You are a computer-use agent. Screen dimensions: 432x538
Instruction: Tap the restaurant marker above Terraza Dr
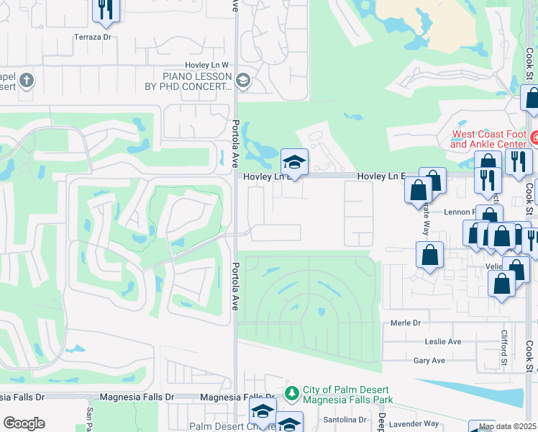[106, 9]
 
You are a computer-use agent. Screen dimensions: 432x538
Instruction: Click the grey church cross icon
[27, 80]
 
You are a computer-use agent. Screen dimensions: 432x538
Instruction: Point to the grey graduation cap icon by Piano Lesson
[242, 81]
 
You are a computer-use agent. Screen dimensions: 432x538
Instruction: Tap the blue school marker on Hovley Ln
[294, 163]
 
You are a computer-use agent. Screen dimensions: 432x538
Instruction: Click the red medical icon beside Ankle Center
[534, 138]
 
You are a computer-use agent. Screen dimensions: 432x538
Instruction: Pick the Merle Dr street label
[405, 323]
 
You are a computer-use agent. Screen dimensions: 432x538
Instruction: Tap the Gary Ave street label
[429, 360]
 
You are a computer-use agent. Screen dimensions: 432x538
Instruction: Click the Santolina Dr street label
[344, 419]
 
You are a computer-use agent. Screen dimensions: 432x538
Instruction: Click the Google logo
[24, 423]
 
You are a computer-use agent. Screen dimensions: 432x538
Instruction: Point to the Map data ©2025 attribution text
[506, 426]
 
